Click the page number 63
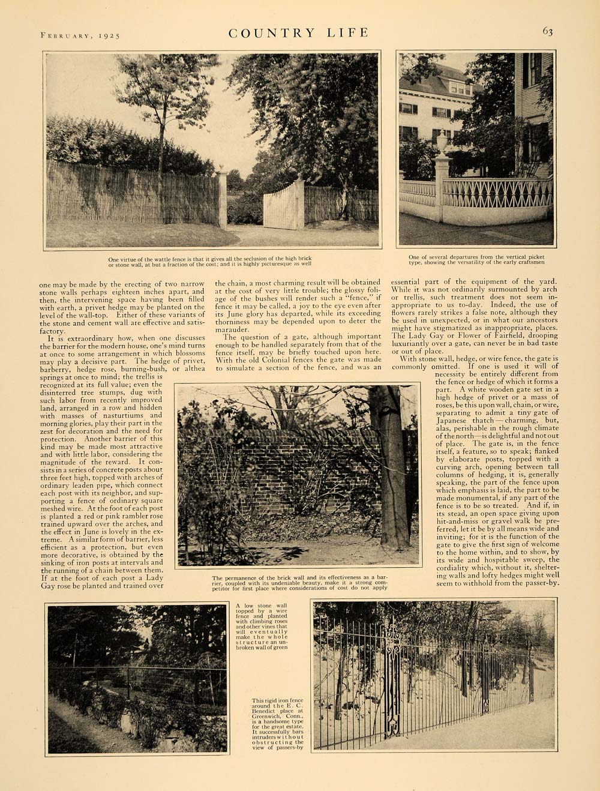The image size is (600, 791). [547, 32]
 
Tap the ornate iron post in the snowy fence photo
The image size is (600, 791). [392, 678]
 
